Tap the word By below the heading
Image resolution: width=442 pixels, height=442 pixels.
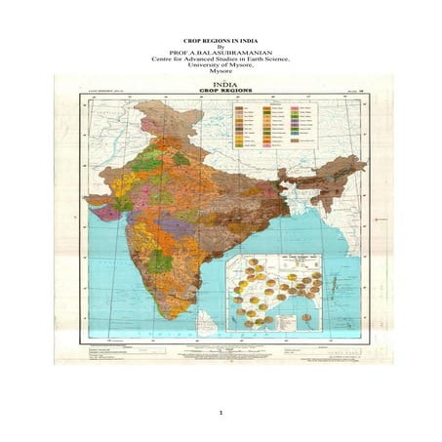220,44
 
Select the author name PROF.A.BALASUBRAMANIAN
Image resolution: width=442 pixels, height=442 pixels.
220,51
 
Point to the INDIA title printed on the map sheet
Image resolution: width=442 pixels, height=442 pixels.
222,84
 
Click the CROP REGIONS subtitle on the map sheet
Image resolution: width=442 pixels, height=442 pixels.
222,91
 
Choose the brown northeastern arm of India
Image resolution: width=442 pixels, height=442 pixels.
317,181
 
